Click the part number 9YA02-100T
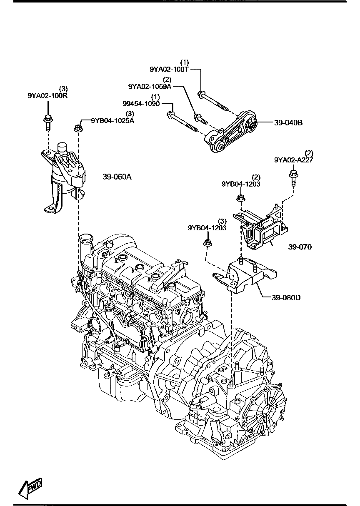pyautogui.click(x=170, y=70)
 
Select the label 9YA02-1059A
pyautogui.click(x=150, y=86)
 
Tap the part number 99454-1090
pyautogui.click(x=141, y=103)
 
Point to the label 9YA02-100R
pyautogui.click(x=47, y=95)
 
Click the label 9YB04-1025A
pyautogui.click(x=112, y=120)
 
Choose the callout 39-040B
pyautogui.click(x=288, y=123)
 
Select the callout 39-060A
pyautogui.click(x=117, y=177)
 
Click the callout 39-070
pyautogui.click(x=299, y=247)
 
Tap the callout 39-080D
pyautogui.click(x=286, y=298)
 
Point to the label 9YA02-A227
pyautogui.click(x=293, y=160)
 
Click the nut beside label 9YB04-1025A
pyautogui.click(x=77, y=128)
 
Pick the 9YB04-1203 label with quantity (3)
pyautogui.click(x=207, y=228)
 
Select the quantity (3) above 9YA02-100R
pyautogui.click(x=63, y=89)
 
